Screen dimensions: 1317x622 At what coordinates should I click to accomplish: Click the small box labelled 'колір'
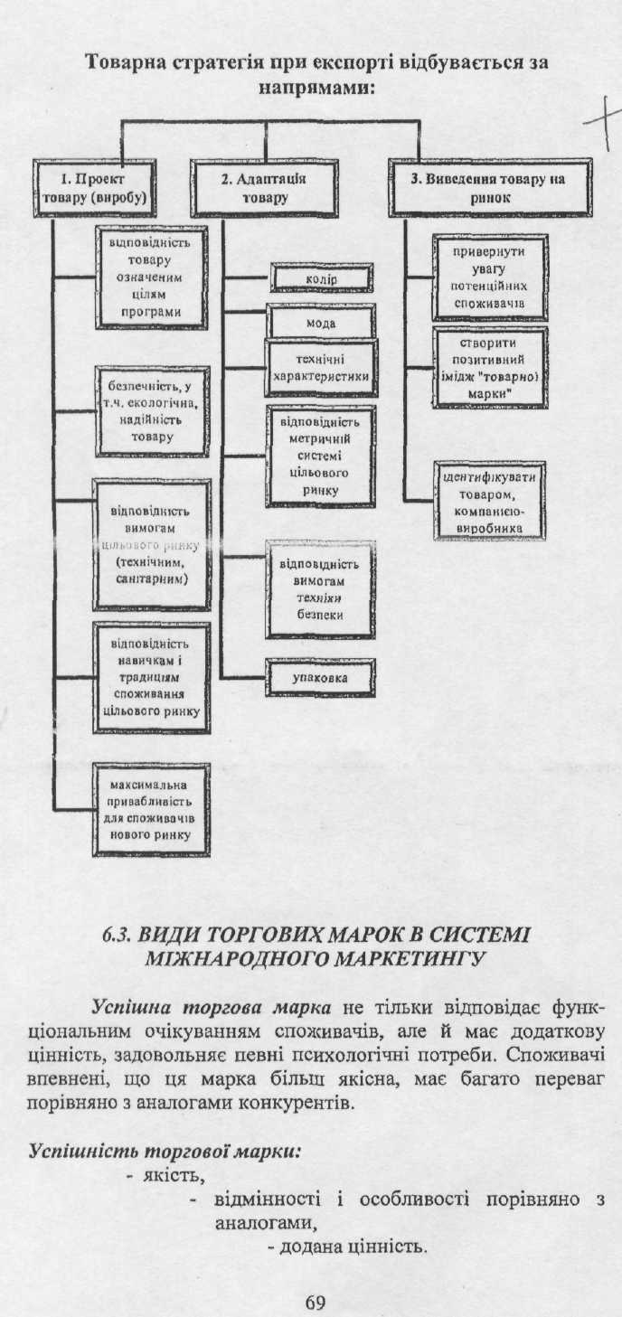pos(321,280)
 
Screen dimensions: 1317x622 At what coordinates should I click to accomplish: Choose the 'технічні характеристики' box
pos(320,367)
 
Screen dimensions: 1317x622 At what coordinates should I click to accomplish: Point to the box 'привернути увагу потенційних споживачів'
pos(489,277)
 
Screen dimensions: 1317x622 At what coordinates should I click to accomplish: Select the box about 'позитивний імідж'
pos(489,362)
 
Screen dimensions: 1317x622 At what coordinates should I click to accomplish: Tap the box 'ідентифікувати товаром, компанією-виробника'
pos(489,502)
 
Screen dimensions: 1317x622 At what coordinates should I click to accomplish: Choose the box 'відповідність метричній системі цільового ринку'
pos(320,456)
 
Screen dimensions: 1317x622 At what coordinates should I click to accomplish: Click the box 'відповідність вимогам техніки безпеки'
pos(320,589)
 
